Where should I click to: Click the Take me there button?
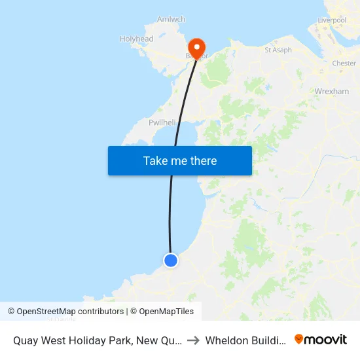click(180, 160)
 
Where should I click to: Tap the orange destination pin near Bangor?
click(196, 47)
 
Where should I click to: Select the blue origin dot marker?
click(171, 261)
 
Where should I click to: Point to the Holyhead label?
click(136, 39)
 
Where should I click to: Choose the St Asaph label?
click(278, 50)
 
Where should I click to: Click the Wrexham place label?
click(332, 92)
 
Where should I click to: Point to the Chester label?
click(344, 63)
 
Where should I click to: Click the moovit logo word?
click(327, 340)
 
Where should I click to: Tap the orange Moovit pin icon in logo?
click(299, 339)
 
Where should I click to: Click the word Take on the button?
click(156, 160)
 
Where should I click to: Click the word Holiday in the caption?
click(90, 340)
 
